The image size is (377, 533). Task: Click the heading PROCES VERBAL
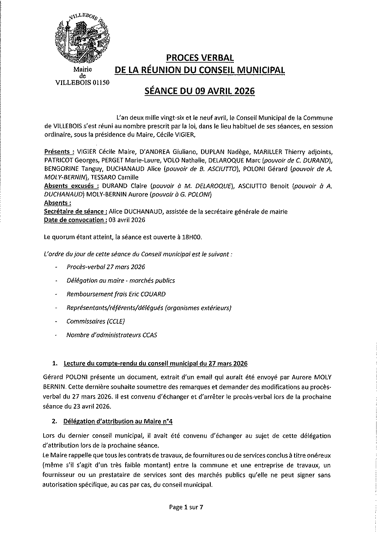tap(200, 57)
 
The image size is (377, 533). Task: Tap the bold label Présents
tap(59, 151)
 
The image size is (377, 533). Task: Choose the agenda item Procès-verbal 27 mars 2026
tap(106, 267)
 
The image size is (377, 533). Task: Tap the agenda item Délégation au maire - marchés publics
tap(121, 281)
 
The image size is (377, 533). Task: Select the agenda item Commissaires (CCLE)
tap(96, 322)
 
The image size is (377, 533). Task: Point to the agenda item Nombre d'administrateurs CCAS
tap(112, 335)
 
